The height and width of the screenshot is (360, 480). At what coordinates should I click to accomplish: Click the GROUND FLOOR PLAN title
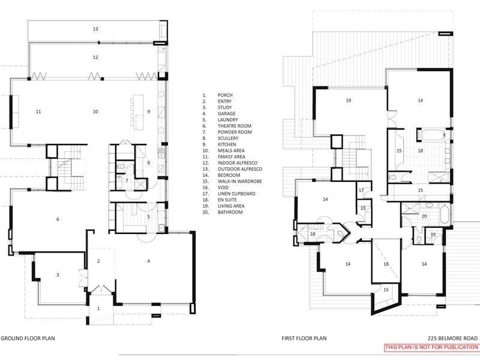point(28,338)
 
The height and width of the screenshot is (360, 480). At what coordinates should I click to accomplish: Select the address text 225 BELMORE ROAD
point(453,338)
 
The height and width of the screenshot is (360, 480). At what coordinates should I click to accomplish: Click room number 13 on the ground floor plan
point(95,29)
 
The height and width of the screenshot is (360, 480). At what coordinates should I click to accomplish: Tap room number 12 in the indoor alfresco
point(95,58)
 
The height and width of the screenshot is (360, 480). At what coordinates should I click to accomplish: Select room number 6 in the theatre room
point(58,220)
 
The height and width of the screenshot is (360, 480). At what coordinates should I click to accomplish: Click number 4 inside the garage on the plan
point(148,260)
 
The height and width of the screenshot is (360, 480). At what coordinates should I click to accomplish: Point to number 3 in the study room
point(58,275)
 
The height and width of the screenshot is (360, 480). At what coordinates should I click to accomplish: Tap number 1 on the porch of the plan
point(99,308)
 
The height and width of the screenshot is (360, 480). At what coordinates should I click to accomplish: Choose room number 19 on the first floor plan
point(347,100)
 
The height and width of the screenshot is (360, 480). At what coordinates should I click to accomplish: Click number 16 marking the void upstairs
point(386,263)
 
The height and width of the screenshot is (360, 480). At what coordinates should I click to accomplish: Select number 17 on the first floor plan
point(362,190)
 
